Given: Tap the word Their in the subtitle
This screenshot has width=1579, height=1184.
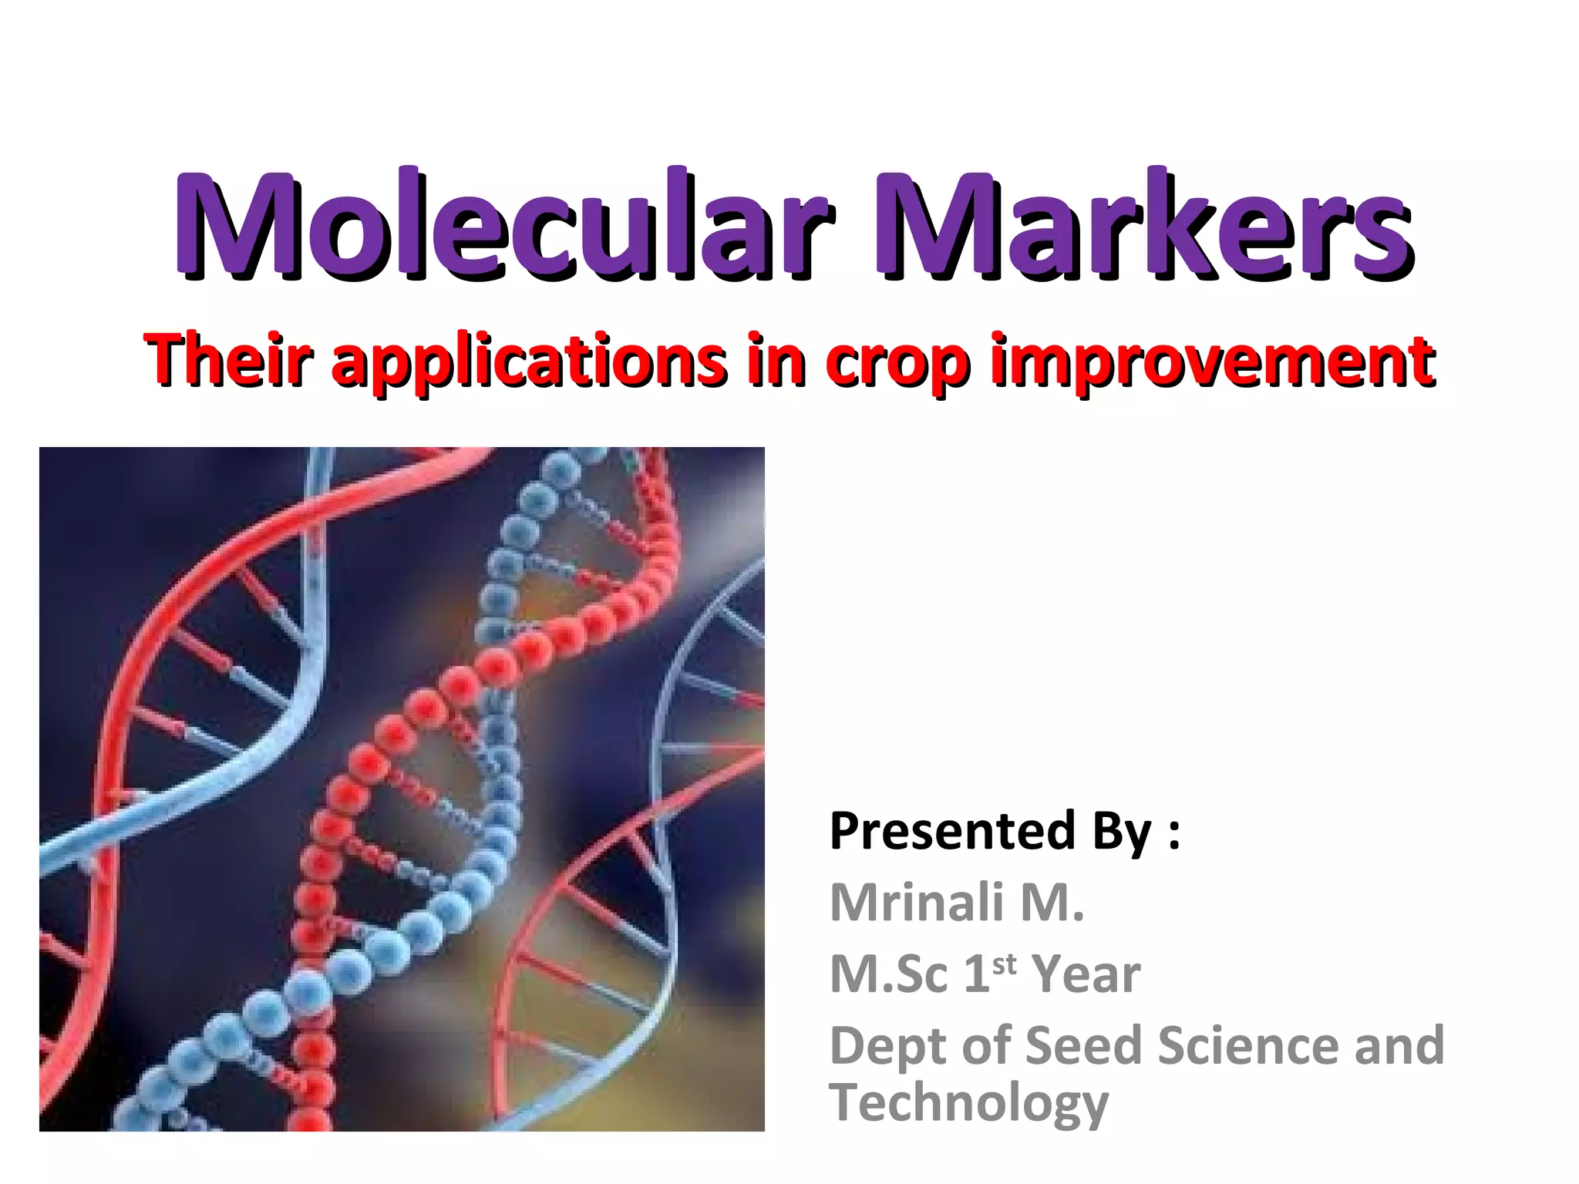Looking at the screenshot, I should pyautogui.click(x=229, y=361).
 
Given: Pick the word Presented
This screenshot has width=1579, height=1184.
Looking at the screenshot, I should pyautogui.click(x=951, y=831).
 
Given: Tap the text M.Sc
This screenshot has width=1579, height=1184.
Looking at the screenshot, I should pyautogui.click(x=888, y=974).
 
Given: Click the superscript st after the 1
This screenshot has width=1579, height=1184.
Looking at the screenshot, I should pyautogui.click(x=1004, y=964).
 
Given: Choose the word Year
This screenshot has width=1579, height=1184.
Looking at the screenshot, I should pyautogui.click(x=1086, y=974).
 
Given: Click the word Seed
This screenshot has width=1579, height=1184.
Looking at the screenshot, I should pyautogui.click(x=1083, y=1045).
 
